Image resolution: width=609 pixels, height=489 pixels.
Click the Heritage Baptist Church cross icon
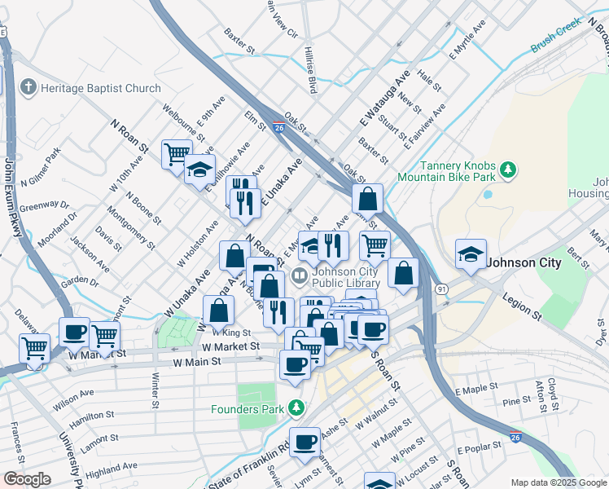[28, 88]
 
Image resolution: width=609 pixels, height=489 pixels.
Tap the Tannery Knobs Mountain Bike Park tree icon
[509, 170]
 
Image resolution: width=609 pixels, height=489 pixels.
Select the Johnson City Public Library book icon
[299, 276]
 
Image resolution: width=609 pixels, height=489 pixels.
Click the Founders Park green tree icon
[298, 408]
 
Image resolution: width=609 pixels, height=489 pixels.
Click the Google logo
[27, 479]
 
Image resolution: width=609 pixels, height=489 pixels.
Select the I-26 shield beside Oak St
[278, 128]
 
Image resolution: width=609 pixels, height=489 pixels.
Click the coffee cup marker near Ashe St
[305, 443]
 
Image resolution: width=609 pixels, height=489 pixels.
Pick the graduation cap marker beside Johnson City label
[471, 254]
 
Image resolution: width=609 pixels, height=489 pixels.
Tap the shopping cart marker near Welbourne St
[177, 153]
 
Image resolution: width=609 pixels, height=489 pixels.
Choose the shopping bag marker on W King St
[219, 311]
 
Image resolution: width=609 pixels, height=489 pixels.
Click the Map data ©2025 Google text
[559, 482]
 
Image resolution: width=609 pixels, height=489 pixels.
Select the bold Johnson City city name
[524, 262]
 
